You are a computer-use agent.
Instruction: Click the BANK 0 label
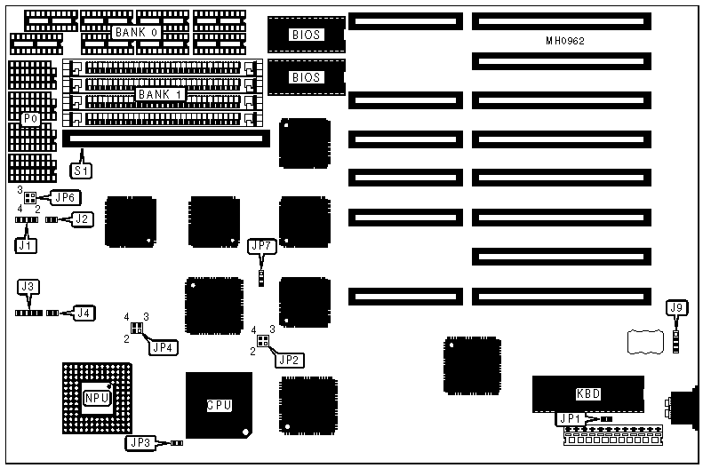(135, 32)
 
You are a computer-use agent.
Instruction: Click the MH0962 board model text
(565, 42)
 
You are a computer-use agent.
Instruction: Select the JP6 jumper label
(66, 197)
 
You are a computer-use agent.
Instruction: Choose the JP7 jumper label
(261, 245)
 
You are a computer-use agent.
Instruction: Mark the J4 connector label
(84, 312)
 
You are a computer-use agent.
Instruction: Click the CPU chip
(219, 405)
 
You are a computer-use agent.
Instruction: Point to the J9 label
(676, 308)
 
